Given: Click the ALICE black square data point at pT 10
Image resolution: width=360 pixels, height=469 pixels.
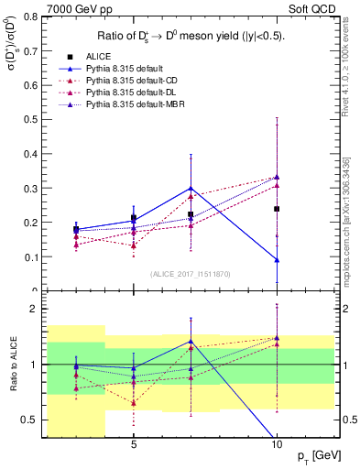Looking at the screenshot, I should (277, 209).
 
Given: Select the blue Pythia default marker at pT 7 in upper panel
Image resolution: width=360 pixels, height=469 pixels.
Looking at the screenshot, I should (191, 188).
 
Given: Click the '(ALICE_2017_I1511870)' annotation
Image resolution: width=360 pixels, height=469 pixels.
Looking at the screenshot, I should (190, 274).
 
